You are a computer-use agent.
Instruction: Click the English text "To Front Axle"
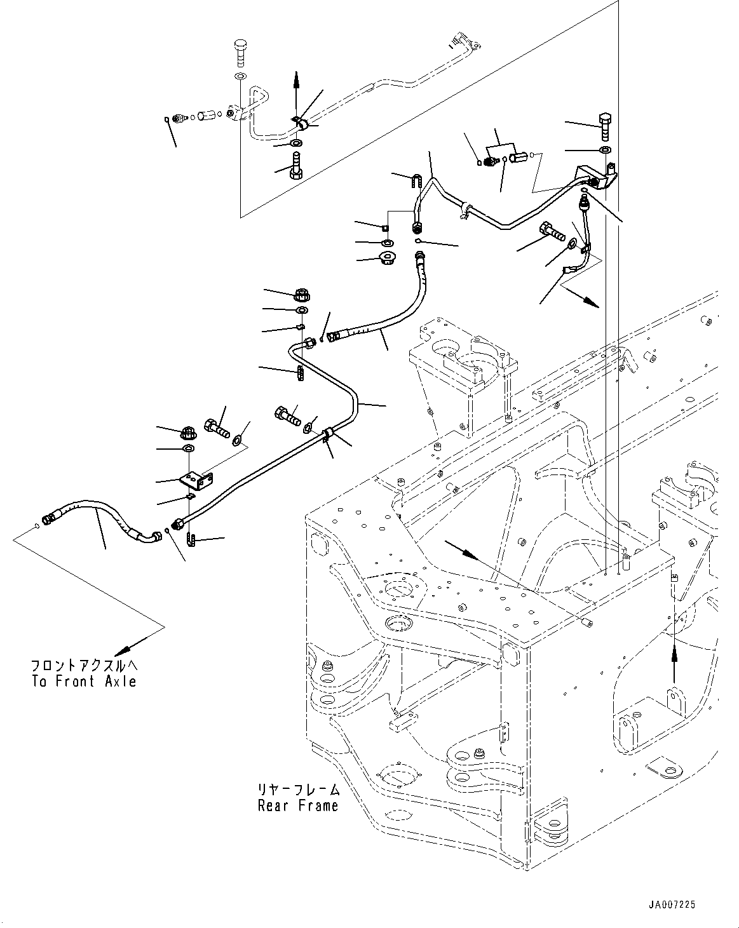84,682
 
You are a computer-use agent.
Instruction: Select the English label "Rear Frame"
297,805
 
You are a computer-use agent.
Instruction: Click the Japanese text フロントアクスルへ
84,666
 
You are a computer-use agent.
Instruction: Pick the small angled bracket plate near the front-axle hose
197,480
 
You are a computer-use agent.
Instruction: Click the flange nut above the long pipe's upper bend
302,295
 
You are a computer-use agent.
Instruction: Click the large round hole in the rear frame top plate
399,589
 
